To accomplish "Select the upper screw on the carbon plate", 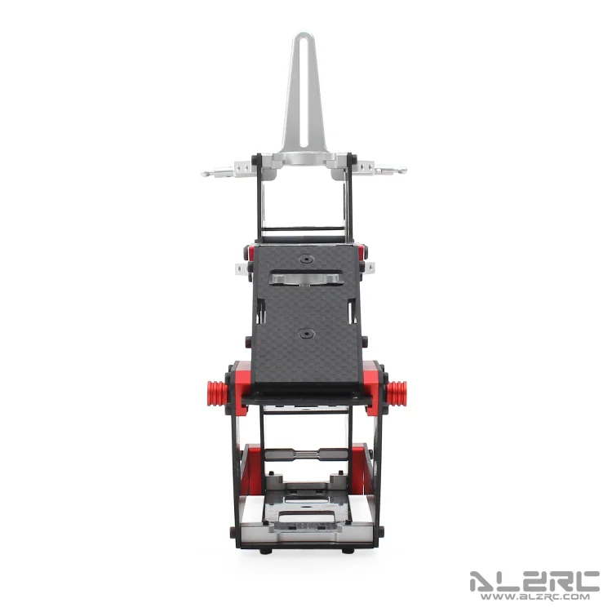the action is pyautogui.click(x=306, y=259).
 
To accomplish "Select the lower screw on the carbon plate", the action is pyautogui.click(x=306, y=334).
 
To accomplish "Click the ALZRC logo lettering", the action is pyautogui.click(x=534, y=582).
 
